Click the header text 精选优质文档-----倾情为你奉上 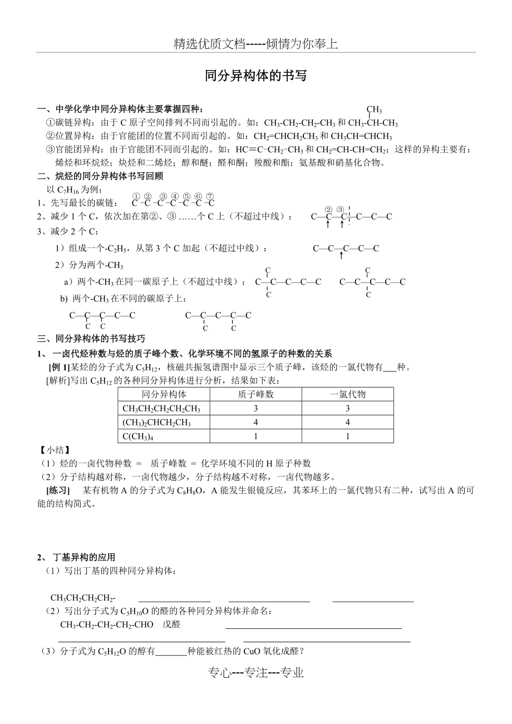tap(255, 44)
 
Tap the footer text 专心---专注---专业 tap(255, 673)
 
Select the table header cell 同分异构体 tap(164, 394)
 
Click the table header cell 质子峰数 tap(255, 394)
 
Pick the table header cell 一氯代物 tap(347, 394)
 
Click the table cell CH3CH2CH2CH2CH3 tap(161, 409)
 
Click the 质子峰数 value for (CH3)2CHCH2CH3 tap(255, 423)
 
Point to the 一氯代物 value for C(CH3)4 tap(347, 437)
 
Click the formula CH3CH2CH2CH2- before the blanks tap(83, 598)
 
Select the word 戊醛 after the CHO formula tap(171, 624)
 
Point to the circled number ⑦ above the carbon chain tap(210, 196)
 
